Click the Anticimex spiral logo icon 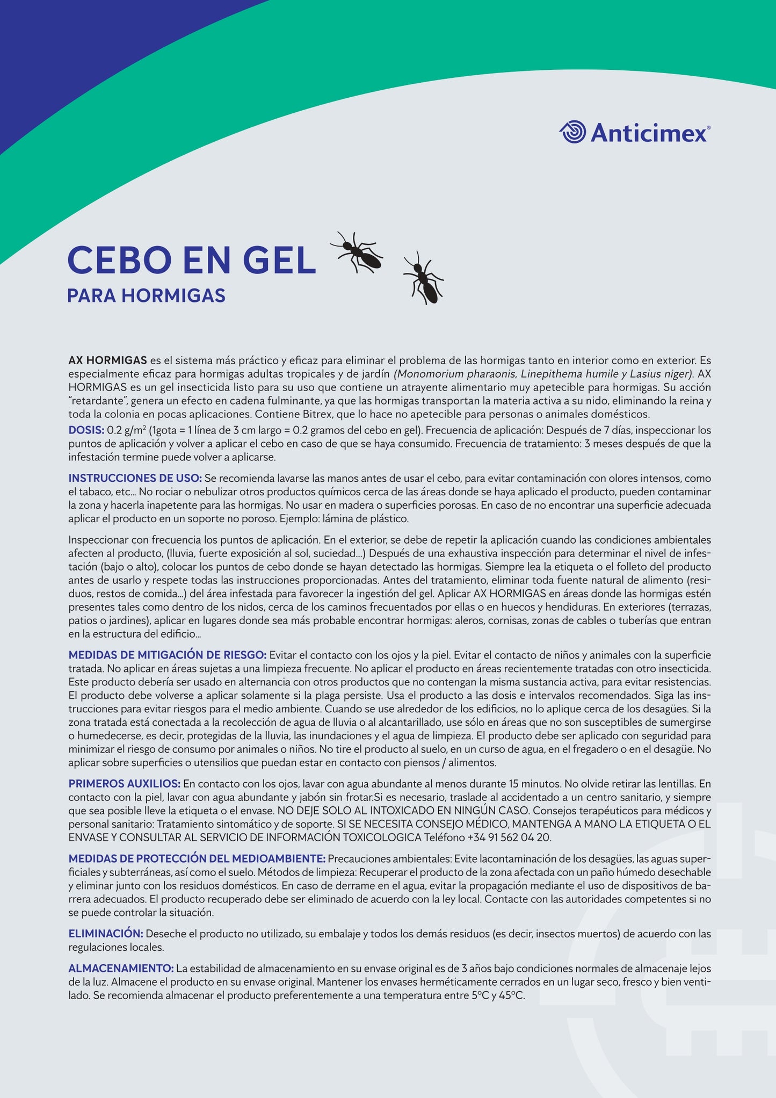[572, 132]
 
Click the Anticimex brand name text [649, 133]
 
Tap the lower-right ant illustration [424, 278]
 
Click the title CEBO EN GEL [191, 261]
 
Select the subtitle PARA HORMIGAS [146, 296]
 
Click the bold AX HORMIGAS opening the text [107, 360]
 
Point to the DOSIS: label [86, 430]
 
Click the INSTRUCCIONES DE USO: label [135, 478]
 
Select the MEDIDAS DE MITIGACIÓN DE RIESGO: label [167, 655]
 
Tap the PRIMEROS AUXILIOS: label [124, 784]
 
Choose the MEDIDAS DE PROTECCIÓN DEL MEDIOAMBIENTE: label [197, 859]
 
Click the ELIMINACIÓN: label [105, 934]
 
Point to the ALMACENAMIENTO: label [121, 968]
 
